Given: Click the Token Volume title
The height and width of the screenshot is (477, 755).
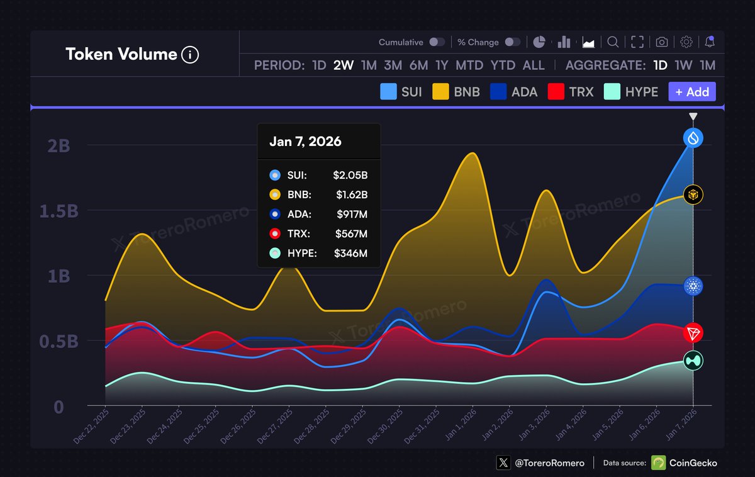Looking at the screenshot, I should (x=121, y=54).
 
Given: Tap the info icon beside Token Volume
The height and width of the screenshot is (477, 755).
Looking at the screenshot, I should (x=190, y=55).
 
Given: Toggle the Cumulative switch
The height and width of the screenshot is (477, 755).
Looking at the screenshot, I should (x=437, y=42).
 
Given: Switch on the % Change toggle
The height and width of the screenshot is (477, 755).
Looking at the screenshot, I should (x=513, y=42).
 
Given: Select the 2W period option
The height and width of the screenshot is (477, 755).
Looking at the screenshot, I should (x=344, y=65).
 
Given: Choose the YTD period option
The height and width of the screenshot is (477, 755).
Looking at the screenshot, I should (x=503, y=65).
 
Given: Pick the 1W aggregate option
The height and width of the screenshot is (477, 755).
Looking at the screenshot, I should (x=683, y=65).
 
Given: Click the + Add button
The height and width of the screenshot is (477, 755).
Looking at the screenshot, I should (x=691, y=92).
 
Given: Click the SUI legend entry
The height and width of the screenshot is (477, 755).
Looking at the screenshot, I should (x=401, y=92).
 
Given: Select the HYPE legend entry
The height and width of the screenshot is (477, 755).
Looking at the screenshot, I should (x=631, y=92).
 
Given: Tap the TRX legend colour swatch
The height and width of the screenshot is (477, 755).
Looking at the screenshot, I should (x=556, y=92).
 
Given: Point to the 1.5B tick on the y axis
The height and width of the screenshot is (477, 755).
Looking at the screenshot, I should (x=59, y=211).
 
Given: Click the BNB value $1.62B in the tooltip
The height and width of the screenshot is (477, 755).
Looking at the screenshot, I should (x=350, y=195).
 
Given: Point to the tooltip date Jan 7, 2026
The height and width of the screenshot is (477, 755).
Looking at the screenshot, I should (x=305, y=142).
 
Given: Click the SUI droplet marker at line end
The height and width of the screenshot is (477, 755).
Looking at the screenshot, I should (x=693, y=138).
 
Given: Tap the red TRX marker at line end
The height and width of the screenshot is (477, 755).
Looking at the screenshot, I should (x=693, y=333).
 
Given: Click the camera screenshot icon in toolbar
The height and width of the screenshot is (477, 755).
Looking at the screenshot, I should (x=662, y=42).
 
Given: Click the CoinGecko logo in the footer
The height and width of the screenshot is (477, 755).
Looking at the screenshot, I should (x=658, y=463).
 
